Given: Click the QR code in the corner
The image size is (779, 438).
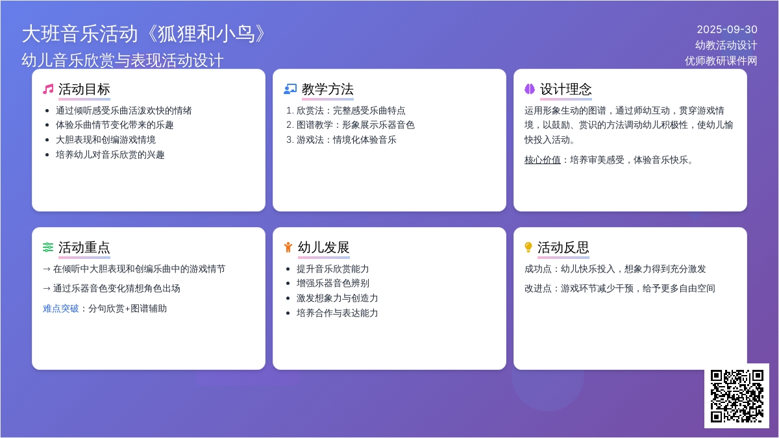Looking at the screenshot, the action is [x=737, y=396].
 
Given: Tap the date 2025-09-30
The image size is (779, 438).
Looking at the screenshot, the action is [x=727, y=30].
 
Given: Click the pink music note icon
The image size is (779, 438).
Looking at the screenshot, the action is [x=48, y=90].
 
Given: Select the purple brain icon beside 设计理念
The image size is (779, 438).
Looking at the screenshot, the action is [x=530, y=89].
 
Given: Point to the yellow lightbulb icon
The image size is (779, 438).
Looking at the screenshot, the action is [x=528, y=247].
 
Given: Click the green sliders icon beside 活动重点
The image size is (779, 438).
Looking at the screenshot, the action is [x=48, y=247].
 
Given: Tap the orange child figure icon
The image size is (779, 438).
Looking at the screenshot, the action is [x=288, y=247].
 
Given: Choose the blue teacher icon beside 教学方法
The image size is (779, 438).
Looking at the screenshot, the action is [x=290, y=90].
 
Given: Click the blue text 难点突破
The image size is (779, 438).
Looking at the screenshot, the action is [x=61, y=308].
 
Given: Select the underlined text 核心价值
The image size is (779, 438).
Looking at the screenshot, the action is [x=543, y=160].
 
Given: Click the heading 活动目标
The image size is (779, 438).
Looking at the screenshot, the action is [x=84, y=90].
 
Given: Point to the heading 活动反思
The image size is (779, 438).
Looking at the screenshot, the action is [x=563, y=247].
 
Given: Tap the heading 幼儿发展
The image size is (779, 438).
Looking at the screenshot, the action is [x=323, y=247].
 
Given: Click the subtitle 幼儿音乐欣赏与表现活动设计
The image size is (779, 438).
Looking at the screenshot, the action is [x=123, y=60].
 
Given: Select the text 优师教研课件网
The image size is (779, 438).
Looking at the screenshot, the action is [x=721, y=61].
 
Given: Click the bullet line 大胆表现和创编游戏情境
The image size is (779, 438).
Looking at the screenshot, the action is [x=106, y=140].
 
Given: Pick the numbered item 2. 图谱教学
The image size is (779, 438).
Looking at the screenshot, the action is [x=351, y=125].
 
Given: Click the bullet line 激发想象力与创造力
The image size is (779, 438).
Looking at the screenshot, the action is [x=337, y=298].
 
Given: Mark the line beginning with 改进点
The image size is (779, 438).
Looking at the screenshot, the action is [x=620, y=288].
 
